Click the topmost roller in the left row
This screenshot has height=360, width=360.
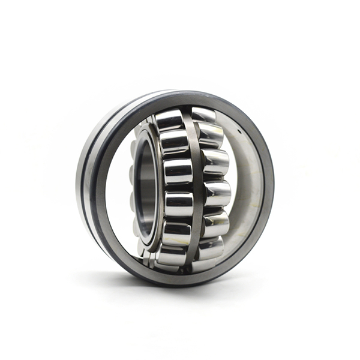[x=170, y=120]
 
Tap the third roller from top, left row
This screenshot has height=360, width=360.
[x=178, y=171]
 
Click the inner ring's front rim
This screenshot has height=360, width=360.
[x=154, y=186]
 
